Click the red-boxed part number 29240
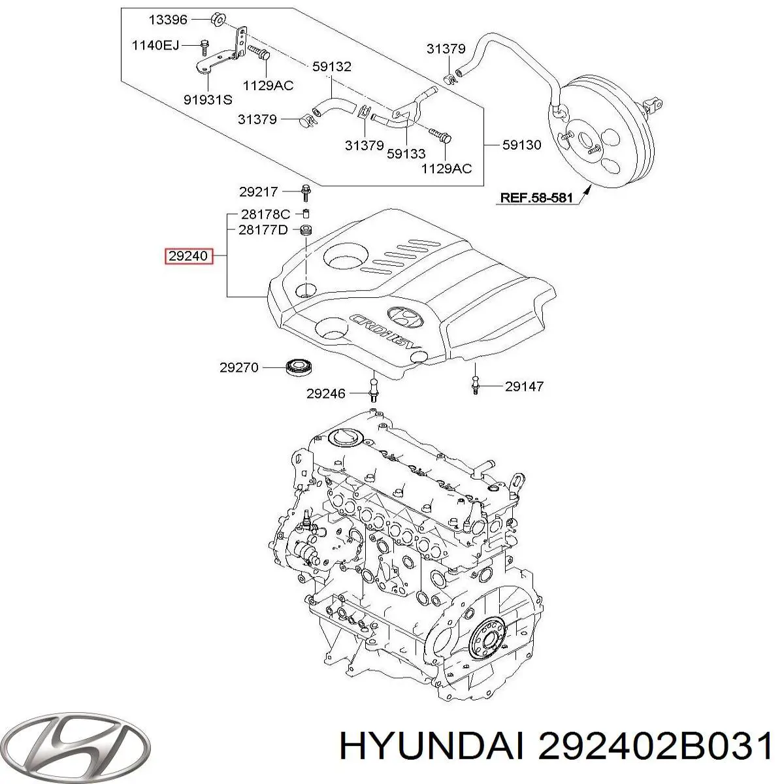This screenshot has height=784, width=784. point(189,256)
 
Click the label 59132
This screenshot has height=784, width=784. point(331,66)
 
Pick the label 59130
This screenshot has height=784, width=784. point(521,144)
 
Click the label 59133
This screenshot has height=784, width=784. point(405,153)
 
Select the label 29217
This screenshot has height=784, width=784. point(258,191)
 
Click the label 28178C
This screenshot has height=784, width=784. point(265,214)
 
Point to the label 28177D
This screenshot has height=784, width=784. point(263,229)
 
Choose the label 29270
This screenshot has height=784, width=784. point(239,368)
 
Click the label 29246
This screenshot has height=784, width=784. point(326,393)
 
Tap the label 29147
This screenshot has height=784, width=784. point(524,386)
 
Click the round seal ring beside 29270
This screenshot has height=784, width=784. point(300,367)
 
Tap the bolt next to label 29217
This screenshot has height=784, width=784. point(305,192)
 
